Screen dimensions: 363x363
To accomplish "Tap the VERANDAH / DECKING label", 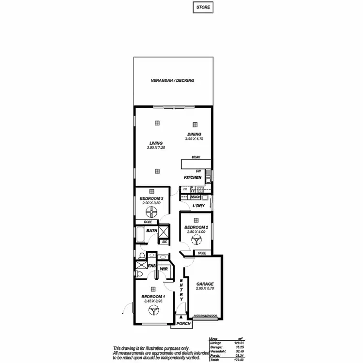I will pyautogui.click(x=172, y=80).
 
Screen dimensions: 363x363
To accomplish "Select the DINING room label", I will pyautogui.click(x=195, y=134).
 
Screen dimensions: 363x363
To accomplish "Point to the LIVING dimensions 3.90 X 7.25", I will pyautogui.click(x=156, y=148).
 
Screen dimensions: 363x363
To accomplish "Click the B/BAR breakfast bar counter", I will pyautogui.click(x=196, y=164).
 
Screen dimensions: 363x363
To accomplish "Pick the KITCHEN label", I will pyautogui.click(x=192, y=178).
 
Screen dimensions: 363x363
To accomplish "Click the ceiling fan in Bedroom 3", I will pyautogui.click(x=151, y=211).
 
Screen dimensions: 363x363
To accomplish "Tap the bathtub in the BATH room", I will pyautogui.click(x=140, y=235).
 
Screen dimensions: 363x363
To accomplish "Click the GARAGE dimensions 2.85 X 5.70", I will pyautogui.click(x=205, y=288).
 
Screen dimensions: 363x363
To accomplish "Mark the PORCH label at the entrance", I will pyautogui.click(x=183, y=323).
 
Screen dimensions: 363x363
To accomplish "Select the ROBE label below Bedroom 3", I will pyautogui.click(x=141, y=222).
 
